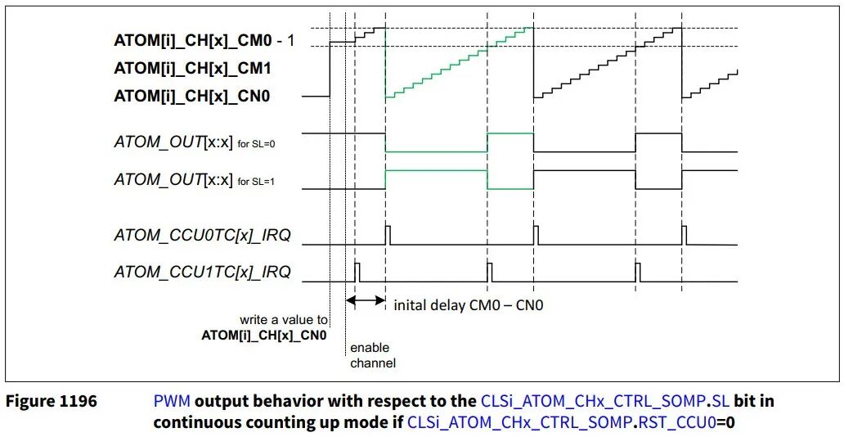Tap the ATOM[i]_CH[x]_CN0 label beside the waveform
[x=193, y=96]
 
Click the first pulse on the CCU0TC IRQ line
[x=388, y=235]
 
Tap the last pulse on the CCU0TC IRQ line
[x=685, y=235]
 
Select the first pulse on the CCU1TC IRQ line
[x=357, y=272]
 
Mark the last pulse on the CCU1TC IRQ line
[x=638, y=272]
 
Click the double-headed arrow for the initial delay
[x=366, y=301]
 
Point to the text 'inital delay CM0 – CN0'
[x=469, y=305]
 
